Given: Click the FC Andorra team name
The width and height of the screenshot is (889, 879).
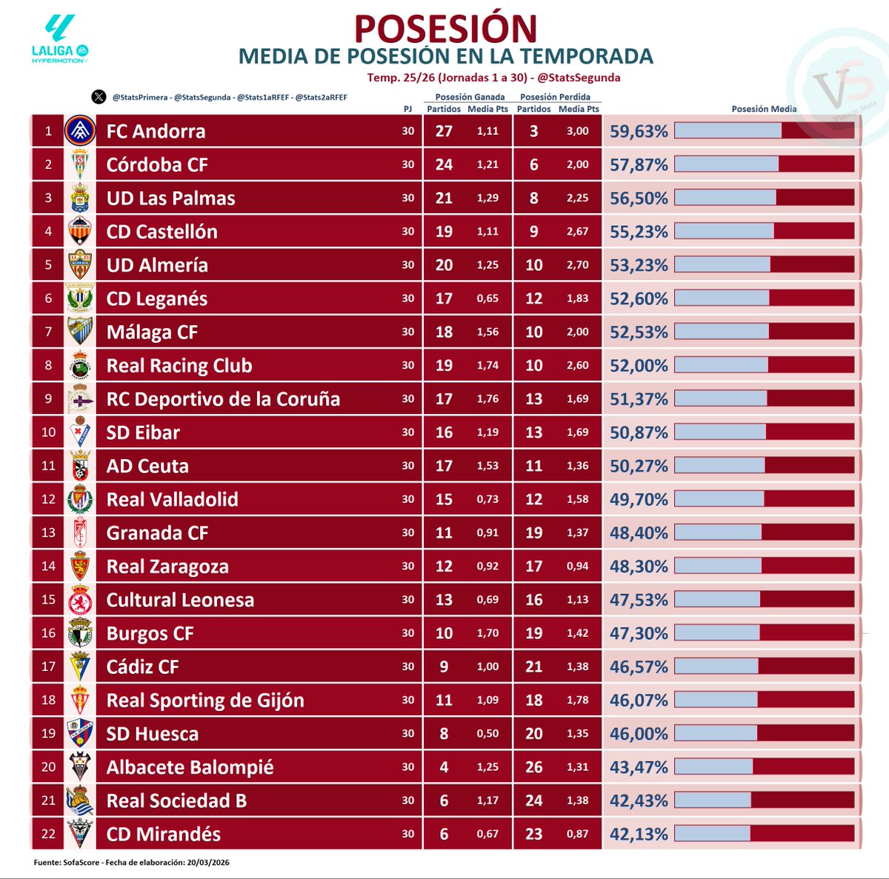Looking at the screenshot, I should pos(156,131).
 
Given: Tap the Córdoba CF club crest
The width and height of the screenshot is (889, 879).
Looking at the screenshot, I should pos(79,164).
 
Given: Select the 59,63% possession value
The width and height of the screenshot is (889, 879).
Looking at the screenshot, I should pos(639,131).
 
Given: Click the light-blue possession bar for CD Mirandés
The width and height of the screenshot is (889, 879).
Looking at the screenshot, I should pos(712,834).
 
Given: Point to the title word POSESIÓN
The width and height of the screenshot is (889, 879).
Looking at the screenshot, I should pos(445,28).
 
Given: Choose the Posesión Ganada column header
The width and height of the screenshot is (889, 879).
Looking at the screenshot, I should pos(470,97).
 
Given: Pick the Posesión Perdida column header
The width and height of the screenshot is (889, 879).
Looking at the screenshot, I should pos(555,97).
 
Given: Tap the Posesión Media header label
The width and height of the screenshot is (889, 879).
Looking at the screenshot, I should pos(764,109).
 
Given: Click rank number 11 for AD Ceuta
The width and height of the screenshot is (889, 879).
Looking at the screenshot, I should pos(48,466).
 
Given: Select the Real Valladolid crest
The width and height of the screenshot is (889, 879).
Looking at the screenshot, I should pos(79,499).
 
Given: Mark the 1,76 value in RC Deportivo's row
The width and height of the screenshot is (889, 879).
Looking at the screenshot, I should pos(487,398).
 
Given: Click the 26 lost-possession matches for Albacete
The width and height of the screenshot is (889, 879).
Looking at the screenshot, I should pos(533,767).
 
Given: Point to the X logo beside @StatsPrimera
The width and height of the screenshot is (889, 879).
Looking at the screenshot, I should pos(99,97).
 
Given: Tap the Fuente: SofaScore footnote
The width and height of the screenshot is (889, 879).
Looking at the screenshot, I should pos(131,863).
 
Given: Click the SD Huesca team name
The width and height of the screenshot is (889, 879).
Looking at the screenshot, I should pos(152,734).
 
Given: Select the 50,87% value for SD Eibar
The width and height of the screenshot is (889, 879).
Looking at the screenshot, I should pos(639,432).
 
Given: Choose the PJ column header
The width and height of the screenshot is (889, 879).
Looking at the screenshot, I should pos(407,109).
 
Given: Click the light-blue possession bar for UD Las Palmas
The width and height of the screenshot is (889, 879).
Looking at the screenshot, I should pos(725,198).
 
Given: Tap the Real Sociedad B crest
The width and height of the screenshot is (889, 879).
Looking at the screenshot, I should pos(79,801).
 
